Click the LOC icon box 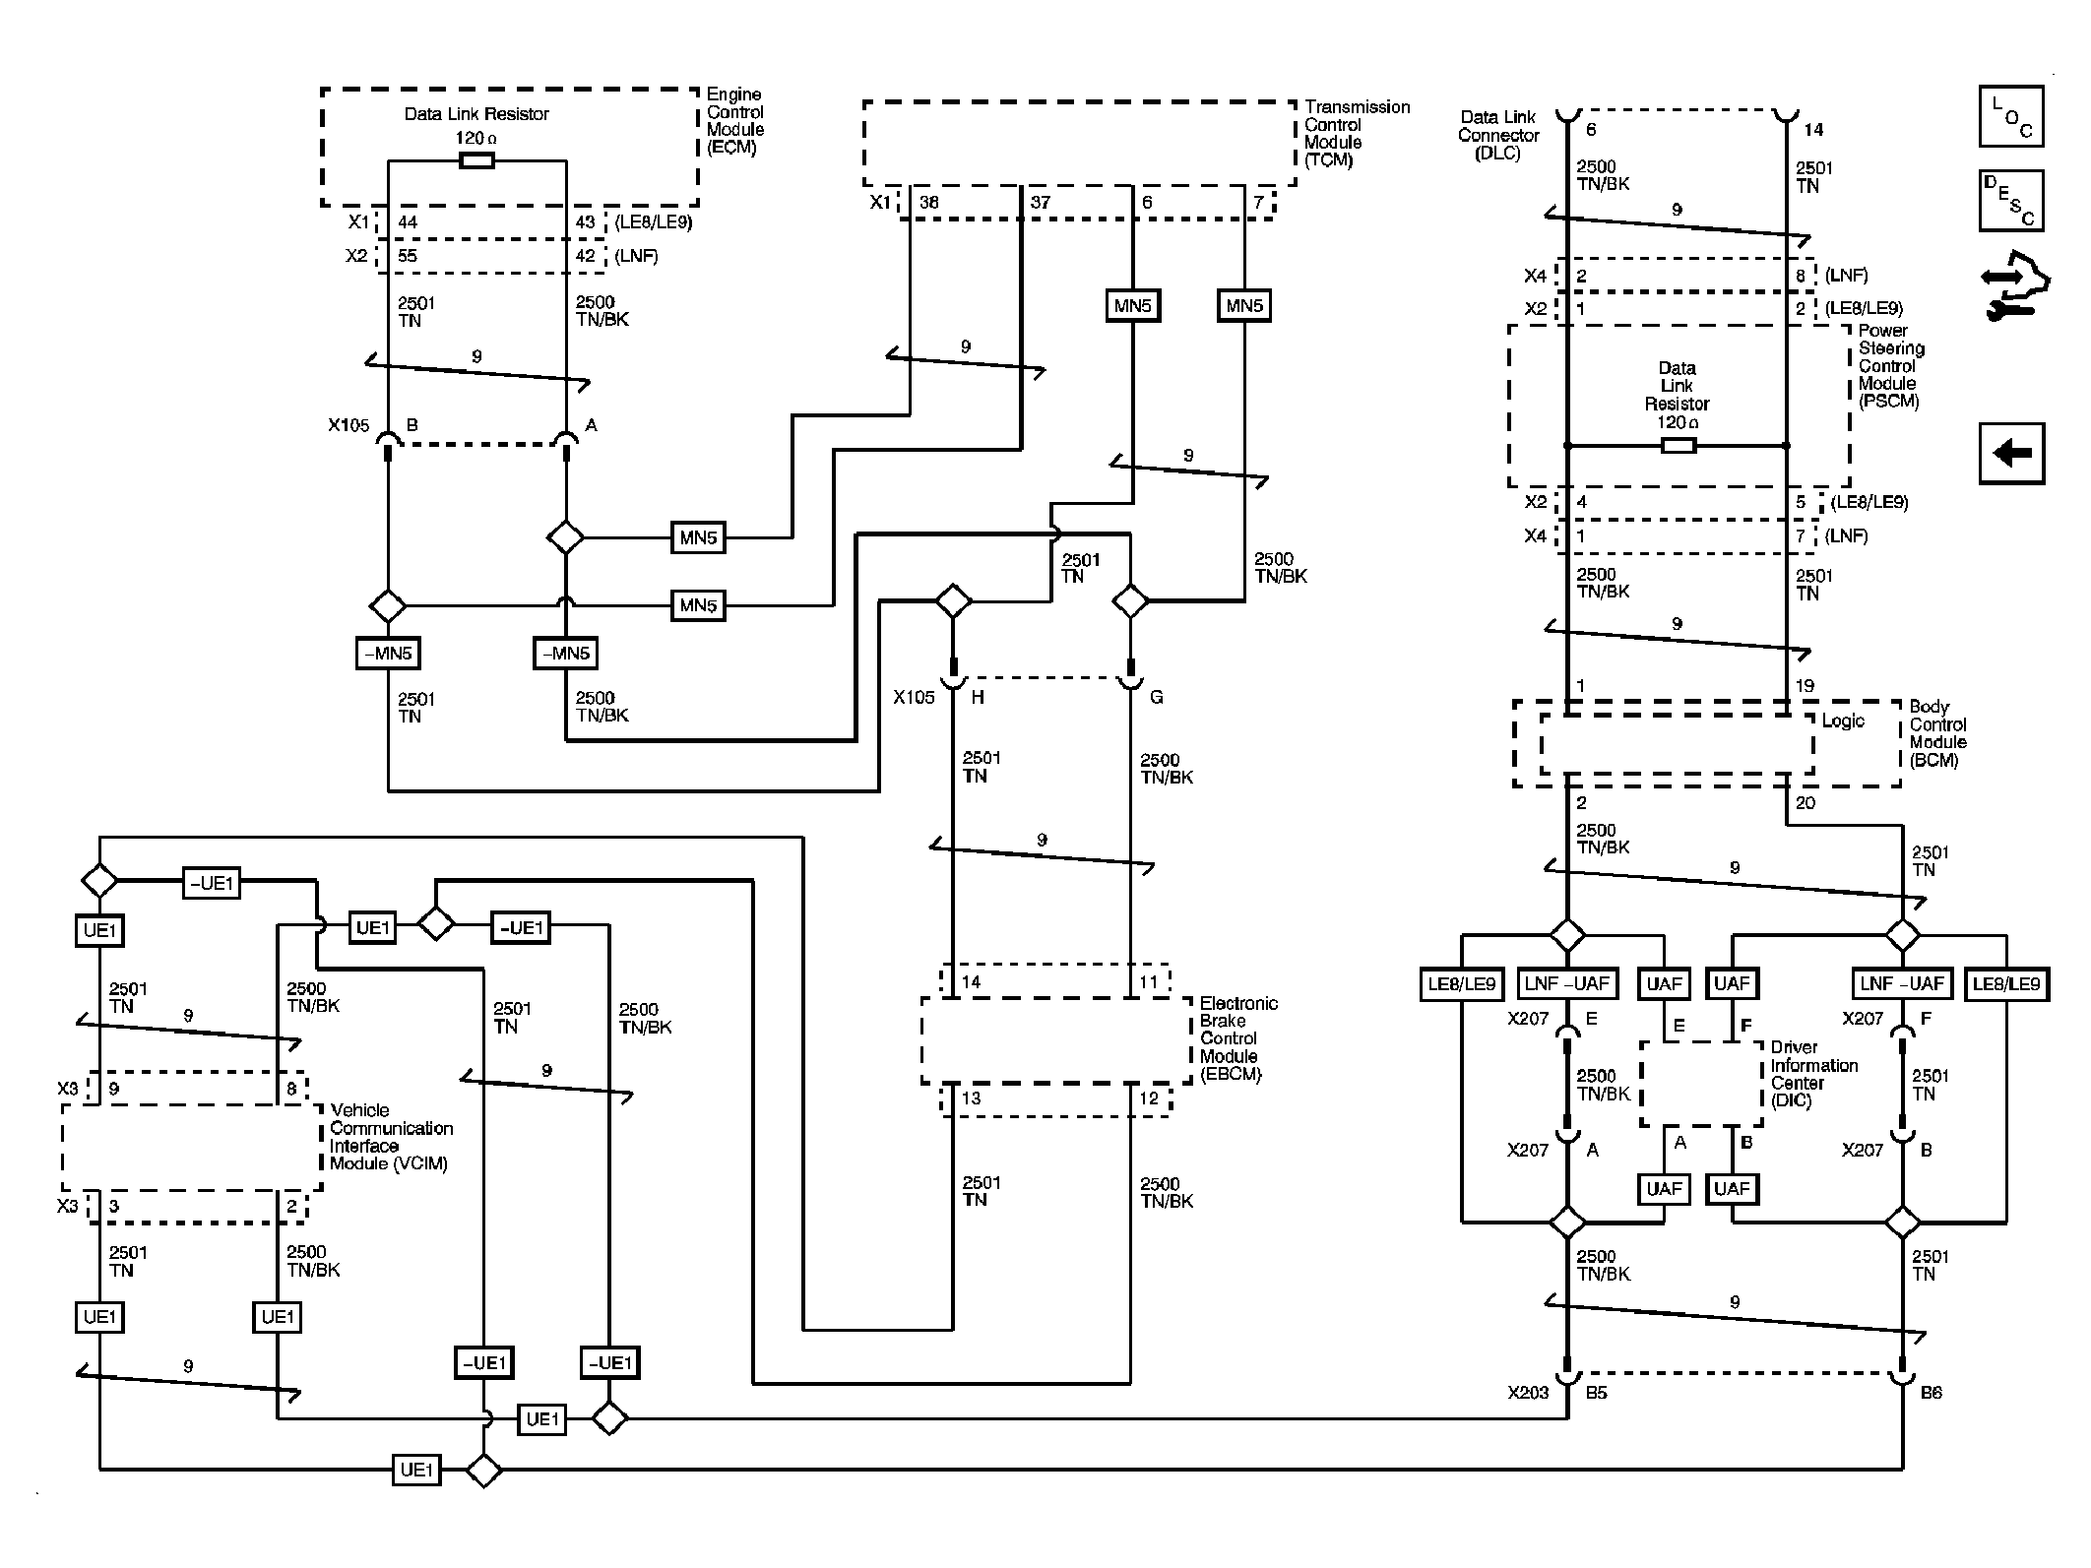click(x=2010, y=117)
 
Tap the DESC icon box click(x=2010, y=201)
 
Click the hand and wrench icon click(x=2014, y=286)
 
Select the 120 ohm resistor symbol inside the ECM click(x=476, y=160)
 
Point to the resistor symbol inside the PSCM click(x=1678, y=446)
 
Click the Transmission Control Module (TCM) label click(x=1356, y=133)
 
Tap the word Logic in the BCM click(x=1842, y=721)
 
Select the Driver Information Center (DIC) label click(x=1813, y=1074)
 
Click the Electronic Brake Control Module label click(x=1237, y=1038)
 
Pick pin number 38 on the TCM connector click(x=928, y=203)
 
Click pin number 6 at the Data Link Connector click(x=1590, y=130)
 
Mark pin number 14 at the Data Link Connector click(x=1812, y=130)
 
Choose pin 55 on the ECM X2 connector click(x=408, y=256)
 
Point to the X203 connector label click(x=1528, y=1393)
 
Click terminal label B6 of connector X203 click(x=1931, y=1393)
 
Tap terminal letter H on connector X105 click(x=978, y=698)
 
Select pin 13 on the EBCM click(x=971, y=1098)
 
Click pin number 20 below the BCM click(x=1805, y=803)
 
